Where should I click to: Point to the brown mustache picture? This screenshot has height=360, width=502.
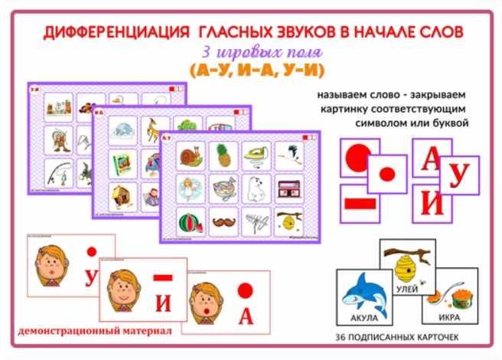point(222,223)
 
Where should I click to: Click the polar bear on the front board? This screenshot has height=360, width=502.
point(256,189)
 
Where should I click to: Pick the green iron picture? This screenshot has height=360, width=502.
point(256,156)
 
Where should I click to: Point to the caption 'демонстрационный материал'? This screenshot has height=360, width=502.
point(91,332)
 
